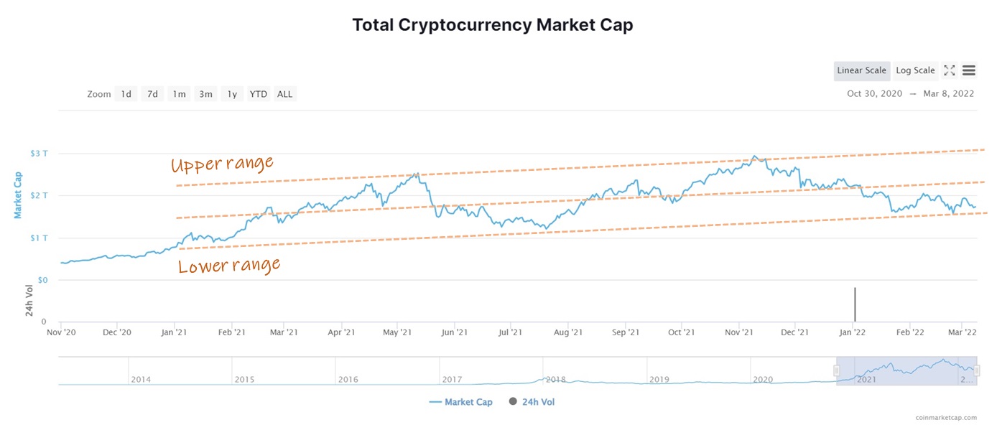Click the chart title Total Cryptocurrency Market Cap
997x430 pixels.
[x=492, y=25]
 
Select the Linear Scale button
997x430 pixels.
[x=861, y=70]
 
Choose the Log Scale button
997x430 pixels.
[x=915, y=70]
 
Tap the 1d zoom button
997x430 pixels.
[x=126, y=94]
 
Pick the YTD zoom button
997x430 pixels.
[x=258, y=94]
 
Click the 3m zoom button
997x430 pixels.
[x=205, y=94]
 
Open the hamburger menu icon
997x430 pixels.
[x=968, y=70]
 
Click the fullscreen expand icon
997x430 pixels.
[x=949, y=70]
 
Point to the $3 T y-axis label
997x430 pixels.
[x=40, y=153]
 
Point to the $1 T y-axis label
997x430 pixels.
[x=40, y=238]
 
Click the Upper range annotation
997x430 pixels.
[x=222, y=164]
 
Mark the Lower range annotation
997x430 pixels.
[x=228, y=266]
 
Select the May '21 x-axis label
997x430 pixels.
[x=397, y=332]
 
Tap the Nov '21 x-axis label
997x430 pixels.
[x=738, y=332]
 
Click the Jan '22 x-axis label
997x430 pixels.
[x=852, y=332]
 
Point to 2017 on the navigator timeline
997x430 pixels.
[x=452, y=379]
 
